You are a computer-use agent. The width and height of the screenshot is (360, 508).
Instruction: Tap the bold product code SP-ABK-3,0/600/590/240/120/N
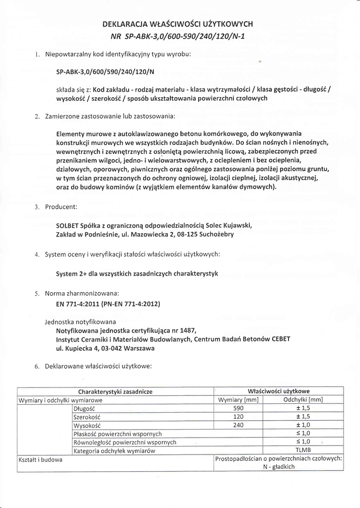coord(105,71)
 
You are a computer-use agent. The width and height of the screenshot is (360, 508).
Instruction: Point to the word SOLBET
coord(68,225)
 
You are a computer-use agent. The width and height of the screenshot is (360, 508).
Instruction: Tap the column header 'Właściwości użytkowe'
coord(279,391)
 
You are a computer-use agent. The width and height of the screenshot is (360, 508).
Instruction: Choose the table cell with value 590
coord(238,408)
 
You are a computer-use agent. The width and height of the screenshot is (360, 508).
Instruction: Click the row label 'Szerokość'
coord(87,417)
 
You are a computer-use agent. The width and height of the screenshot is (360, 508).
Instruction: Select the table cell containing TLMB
coord(303,450)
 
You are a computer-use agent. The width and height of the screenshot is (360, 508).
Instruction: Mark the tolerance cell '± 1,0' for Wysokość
coord(303,425)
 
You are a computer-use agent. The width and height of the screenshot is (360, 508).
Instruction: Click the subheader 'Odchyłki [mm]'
coord(303,400)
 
